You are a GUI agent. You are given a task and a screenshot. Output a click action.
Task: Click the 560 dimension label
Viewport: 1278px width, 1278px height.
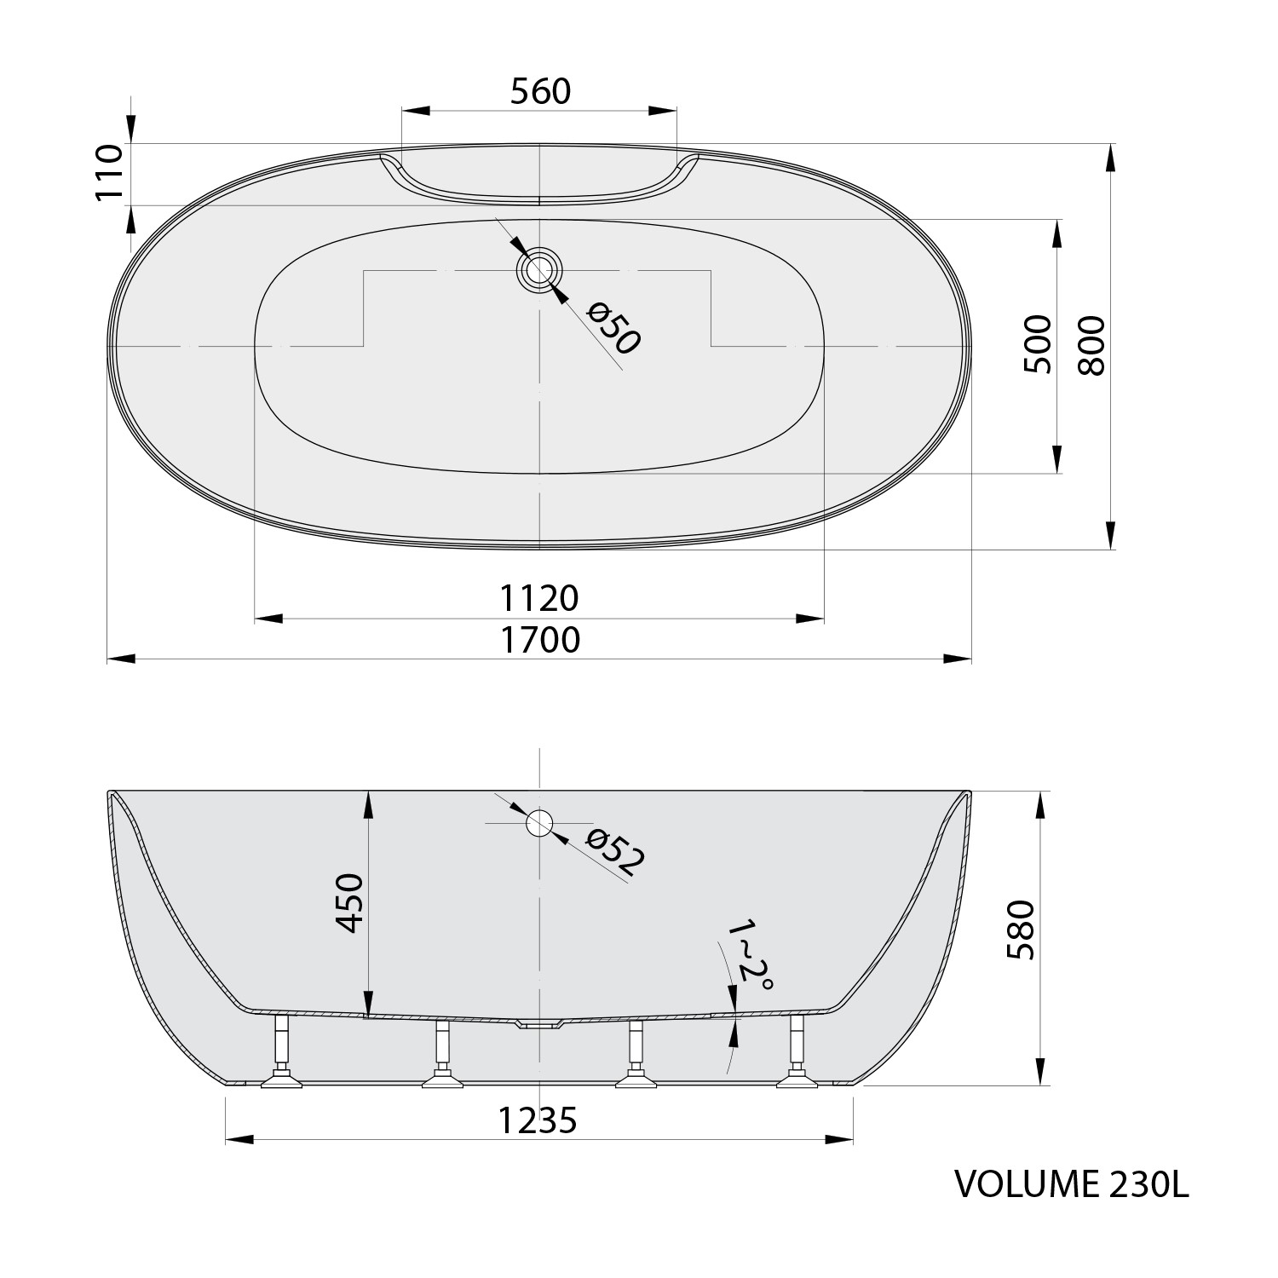[x=540, y=91]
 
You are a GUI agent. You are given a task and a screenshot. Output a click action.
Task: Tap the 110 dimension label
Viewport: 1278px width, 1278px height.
[x=109, y=172]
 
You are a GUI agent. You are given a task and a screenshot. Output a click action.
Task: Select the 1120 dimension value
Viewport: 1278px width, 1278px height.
[x=539, y=598]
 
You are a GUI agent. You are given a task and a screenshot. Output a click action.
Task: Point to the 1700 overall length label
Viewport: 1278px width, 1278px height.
[x=539, y=639]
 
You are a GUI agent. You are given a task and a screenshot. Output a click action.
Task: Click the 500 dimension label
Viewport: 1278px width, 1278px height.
[x=1037, y=344]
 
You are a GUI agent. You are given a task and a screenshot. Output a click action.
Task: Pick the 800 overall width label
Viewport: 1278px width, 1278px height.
[x=1091, y=346]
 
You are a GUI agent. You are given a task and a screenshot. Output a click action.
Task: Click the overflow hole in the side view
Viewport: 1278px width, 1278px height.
[x=539, y=823]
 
